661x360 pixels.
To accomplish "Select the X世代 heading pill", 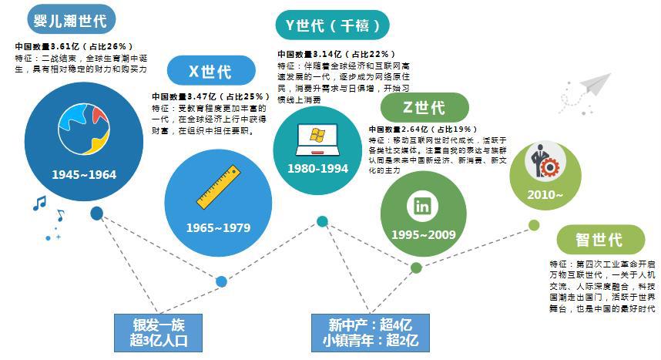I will pos(210,72).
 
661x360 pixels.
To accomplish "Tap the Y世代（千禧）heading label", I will pos(333,25).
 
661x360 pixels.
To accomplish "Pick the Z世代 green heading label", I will pos(423,107).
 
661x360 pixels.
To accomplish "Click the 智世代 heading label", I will pos(599,240).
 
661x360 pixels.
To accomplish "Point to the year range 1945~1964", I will pos(84,175).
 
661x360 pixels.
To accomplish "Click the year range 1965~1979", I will pos(219,227).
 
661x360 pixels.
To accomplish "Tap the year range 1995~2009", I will pos(423,234).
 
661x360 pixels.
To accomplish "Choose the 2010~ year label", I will pos(545,194).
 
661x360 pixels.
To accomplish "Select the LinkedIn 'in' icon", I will pos(422,206).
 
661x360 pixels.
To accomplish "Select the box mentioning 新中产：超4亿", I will pos(367,332).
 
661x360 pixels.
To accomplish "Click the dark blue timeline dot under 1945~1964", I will pos(96,214).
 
